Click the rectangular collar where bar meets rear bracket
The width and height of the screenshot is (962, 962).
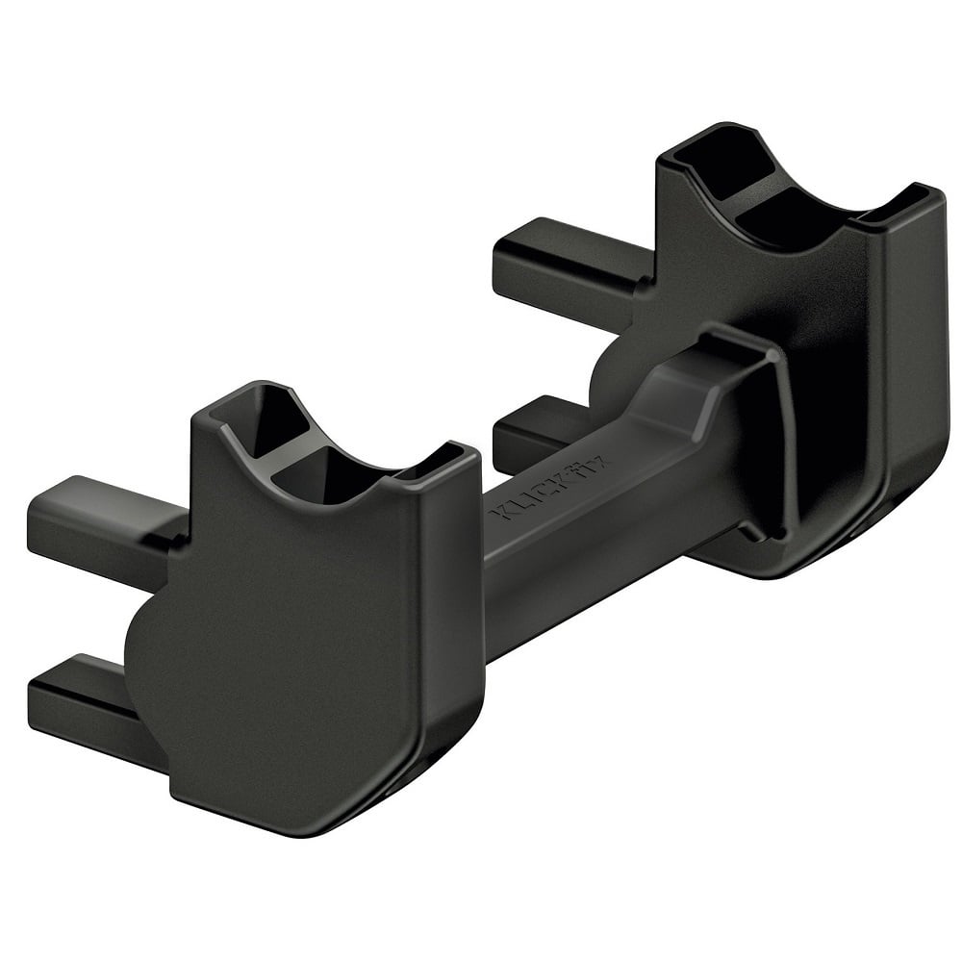[760, 423]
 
